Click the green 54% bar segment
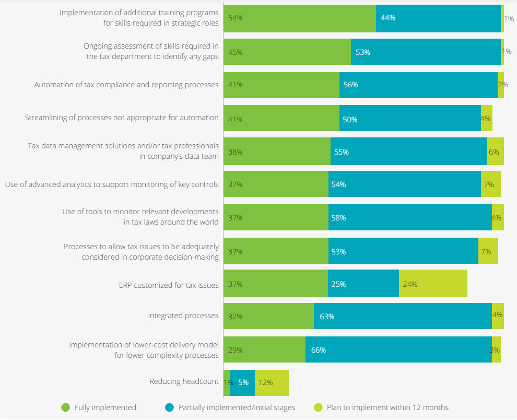pos(300,18)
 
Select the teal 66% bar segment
pos(398,349)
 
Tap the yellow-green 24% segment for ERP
pos(433,284)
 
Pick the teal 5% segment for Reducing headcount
pos(242,382)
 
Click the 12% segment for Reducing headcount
pos(272,382)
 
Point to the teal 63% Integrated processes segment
pos(403,316)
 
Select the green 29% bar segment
pos(264,349)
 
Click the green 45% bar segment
pos(287,52)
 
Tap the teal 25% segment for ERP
pos(363,284)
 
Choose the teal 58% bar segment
pos(410,217)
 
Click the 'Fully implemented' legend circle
pos(65,407)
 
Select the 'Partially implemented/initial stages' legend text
pos(237,407)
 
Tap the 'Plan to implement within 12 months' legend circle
pos(318,407)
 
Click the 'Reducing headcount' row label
pos(184,381)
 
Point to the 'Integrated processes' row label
pos(183,316)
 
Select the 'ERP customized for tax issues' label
pos(169,285)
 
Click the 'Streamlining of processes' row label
pos(122,118)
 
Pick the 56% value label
pos(350,85)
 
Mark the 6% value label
pos(494,152)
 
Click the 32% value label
pos(236,316)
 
